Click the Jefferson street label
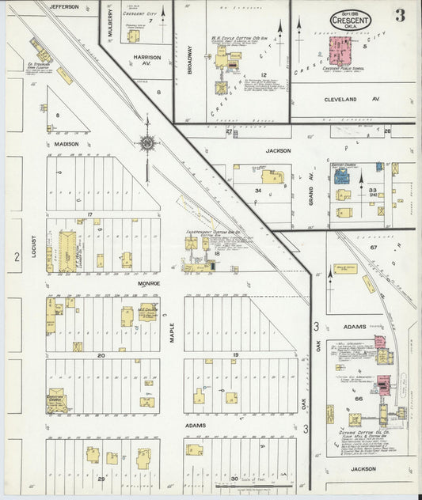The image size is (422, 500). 64,6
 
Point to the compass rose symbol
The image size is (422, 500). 146,143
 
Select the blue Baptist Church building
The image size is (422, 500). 341,176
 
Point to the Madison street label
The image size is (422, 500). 67,144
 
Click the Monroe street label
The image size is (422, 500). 149,282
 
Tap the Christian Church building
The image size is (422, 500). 56,401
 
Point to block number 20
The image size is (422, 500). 101,355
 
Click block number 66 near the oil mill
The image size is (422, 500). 358,398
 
